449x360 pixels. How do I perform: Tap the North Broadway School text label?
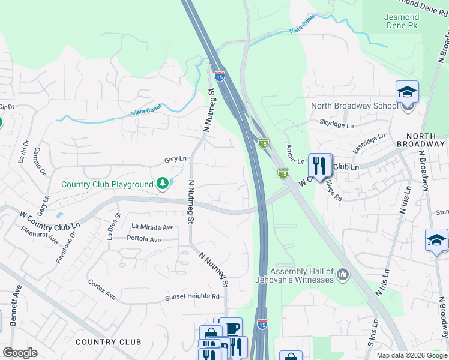click(x=354, y=106)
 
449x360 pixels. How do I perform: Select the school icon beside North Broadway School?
click(x=407, y=93)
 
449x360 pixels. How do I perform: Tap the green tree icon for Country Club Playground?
click(x=162, y=184)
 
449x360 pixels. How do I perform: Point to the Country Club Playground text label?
click(x=107, y=184)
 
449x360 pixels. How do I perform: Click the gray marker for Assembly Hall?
click(x=343, y=275)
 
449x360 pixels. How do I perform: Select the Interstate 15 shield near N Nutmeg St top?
click(x=219, y=76)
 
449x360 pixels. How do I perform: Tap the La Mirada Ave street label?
click(x=152, y=227)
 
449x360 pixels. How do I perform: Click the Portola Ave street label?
click(x=144, y=239)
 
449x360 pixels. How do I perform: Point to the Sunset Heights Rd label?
click(x=193, y=296)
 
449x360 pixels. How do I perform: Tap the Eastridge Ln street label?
click(x=368, y=143)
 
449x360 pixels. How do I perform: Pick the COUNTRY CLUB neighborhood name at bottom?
click(x=109, y=342)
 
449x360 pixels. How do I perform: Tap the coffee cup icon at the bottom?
click(x=231, y=328)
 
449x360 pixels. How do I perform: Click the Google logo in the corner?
click(x=20, y=353)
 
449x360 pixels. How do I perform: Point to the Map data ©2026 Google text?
click(x=412, y=355)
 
